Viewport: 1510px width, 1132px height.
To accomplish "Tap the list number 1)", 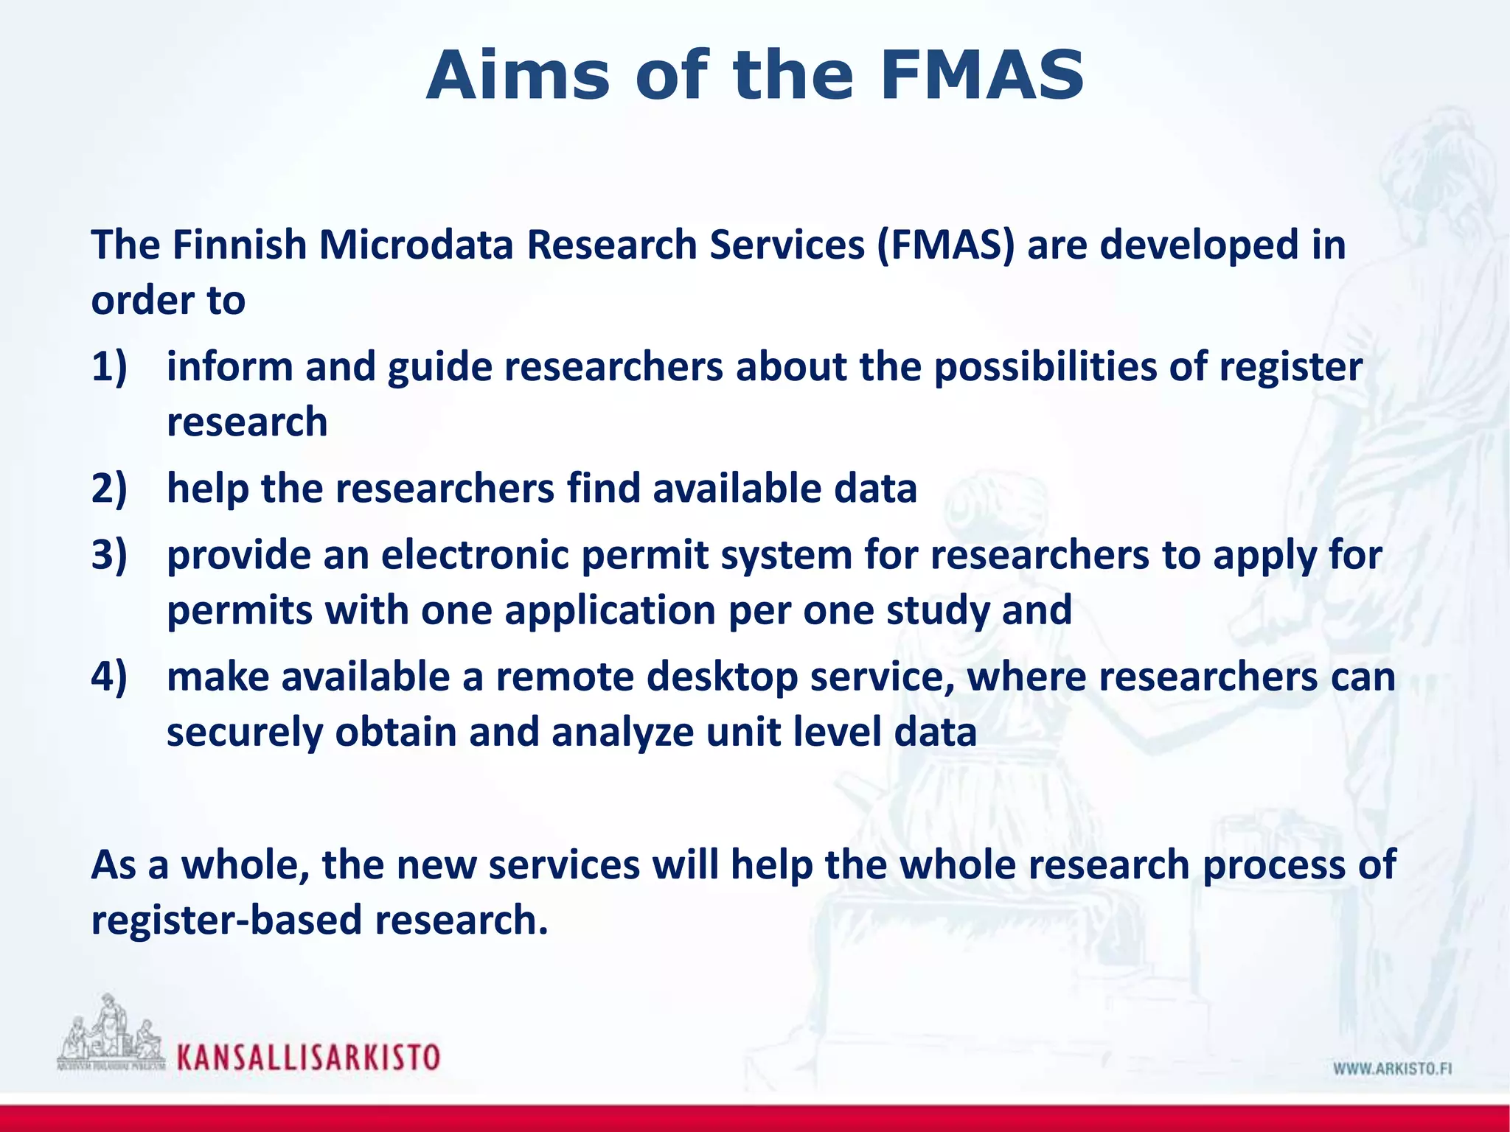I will (109, 366).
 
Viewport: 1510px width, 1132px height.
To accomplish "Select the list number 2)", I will (109, 488).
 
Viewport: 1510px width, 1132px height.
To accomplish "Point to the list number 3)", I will (109, 554).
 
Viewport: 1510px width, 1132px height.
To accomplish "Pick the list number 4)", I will (109, 677).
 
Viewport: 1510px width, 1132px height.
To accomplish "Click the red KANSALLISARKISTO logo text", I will (308, 1058).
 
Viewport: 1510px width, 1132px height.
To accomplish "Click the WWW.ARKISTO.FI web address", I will (1392, 1069).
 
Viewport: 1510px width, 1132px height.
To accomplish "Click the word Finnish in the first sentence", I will (239, 245).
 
